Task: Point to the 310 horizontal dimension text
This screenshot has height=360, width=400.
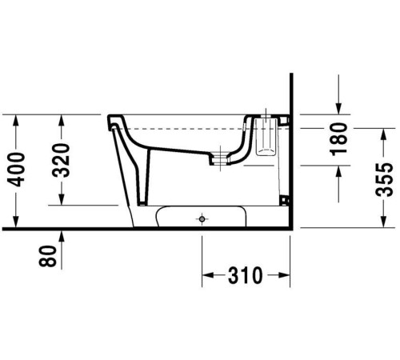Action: (245, 277)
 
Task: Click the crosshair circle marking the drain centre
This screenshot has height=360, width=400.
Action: (202, 217)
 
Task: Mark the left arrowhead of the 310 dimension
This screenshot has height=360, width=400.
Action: (206, 277)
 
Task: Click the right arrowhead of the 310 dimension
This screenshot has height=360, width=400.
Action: (283, 277)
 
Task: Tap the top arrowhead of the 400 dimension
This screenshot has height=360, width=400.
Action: (16, 119)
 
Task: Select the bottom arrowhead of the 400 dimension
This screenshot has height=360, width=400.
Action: (16, 223)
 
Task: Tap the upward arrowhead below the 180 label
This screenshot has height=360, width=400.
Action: (338, 170)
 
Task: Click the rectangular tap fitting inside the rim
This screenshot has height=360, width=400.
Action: (266, 136)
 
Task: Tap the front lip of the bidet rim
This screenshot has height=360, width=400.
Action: (109, 120)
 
